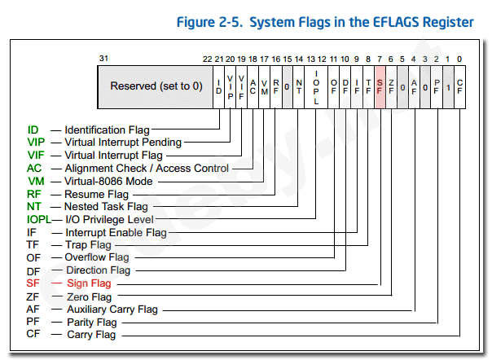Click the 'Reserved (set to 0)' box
point(156,86)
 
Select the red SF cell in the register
point(380,86)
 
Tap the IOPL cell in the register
point(316,86)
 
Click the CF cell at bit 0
point(460,86)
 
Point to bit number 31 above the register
point(103,59)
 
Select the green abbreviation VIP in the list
point(36,143)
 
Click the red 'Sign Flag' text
point(89,283)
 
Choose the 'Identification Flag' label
point(107,130)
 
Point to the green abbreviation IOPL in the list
point(38,220)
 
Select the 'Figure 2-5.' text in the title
point(207,22)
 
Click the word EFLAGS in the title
point(385,22)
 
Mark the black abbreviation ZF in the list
point(33,296)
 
